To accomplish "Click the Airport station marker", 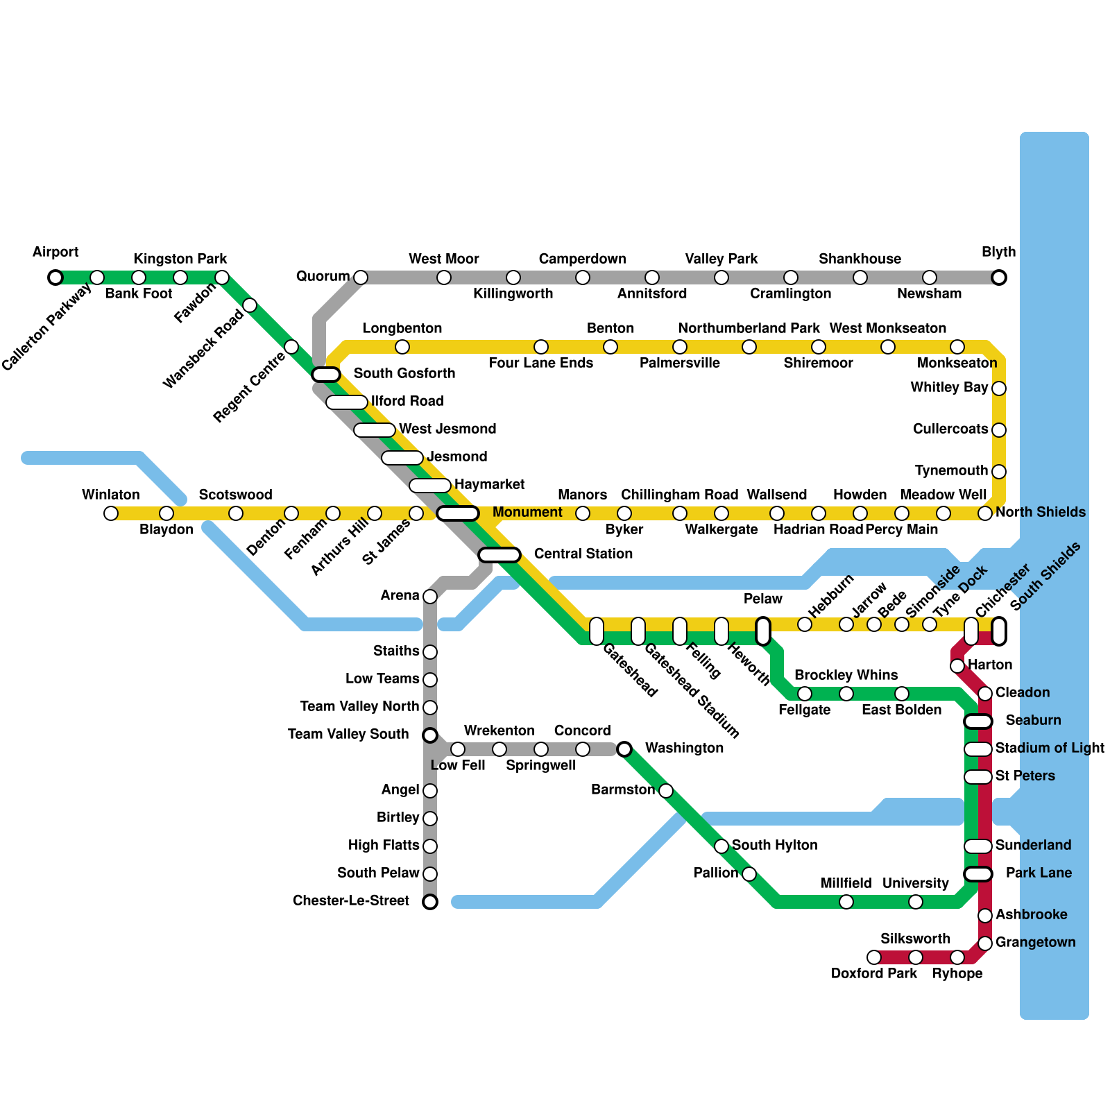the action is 55,277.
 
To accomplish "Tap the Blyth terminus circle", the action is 999,277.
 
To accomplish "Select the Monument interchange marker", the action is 458,513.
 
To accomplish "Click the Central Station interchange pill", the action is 499,555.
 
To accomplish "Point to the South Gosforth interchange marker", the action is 326,375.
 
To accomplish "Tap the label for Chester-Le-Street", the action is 351,900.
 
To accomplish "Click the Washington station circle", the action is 624,749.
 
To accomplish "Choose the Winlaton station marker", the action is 111,513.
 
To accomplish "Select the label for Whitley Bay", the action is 949,387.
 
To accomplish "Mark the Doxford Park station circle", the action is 874,957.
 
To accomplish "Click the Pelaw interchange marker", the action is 763,631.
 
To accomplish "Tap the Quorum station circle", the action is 361,277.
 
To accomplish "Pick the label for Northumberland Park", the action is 749,328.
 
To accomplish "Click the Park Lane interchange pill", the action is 978,874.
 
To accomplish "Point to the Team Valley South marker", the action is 430,735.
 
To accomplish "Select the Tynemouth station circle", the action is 999,472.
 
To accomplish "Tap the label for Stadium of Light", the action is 1050,748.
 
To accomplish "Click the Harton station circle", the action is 957,666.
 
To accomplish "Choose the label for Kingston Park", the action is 180,259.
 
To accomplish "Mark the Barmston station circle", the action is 666,791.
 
